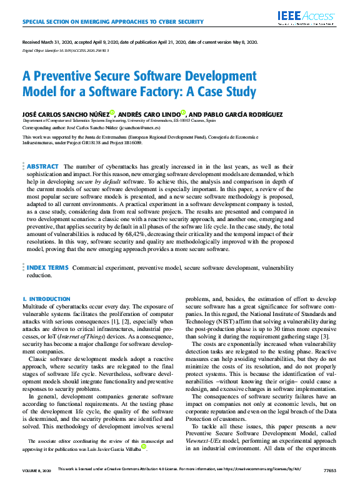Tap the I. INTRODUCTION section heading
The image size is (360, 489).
[46, 300]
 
